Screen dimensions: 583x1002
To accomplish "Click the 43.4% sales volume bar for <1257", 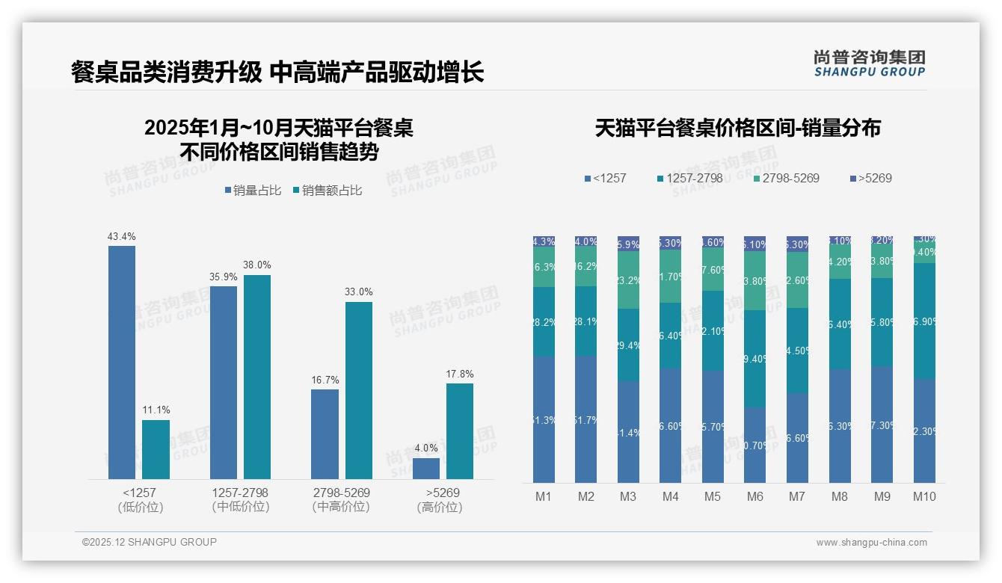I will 122,363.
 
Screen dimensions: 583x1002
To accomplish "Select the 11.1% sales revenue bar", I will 156,449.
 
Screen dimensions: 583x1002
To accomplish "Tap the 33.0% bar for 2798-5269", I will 358,390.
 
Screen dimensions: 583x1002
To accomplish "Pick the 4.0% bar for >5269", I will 426,469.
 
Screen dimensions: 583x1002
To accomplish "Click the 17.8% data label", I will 460,374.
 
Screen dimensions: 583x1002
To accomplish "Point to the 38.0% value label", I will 256,265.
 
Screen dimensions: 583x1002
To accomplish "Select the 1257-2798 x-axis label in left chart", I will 240,493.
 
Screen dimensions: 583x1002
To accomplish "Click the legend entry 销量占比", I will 253,191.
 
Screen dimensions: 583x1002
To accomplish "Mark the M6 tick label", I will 754,496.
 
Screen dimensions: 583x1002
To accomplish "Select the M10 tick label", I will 924,496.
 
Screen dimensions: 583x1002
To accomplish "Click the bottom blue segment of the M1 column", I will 544,419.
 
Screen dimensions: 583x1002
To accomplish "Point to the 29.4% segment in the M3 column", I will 628,345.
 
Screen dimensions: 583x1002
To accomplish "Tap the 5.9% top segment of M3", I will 628,244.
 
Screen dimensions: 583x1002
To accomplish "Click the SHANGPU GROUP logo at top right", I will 869,64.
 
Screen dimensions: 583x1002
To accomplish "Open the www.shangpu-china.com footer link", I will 871,543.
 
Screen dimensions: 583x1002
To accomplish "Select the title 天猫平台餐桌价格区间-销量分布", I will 737,128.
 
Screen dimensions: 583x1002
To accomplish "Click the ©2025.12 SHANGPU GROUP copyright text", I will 150,543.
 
